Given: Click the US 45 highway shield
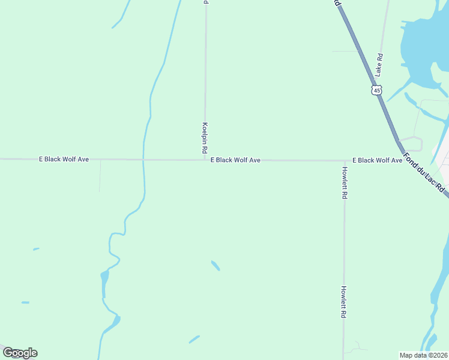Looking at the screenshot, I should [376, 90].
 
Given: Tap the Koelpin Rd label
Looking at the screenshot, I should [205, 137].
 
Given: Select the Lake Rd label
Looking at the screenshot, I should [379, 64].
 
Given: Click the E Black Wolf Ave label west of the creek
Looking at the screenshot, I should [64, 159].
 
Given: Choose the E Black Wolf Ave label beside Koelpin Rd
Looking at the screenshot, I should [235, 160].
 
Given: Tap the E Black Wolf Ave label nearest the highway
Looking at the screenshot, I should [377, 160].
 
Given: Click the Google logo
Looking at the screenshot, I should [20, 353].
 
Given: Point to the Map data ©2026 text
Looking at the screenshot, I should [423, 355].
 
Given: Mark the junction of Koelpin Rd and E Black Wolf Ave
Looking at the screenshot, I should [205, 160].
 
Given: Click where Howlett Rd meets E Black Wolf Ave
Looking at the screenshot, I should [345, 161].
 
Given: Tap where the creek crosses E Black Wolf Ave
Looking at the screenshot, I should [143, 160].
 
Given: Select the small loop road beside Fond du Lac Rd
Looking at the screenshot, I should [414, 143].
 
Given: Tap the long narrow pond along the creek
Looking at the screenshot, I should [104, 283].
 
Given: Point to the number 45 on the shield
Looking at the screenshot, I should [376, 90].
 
